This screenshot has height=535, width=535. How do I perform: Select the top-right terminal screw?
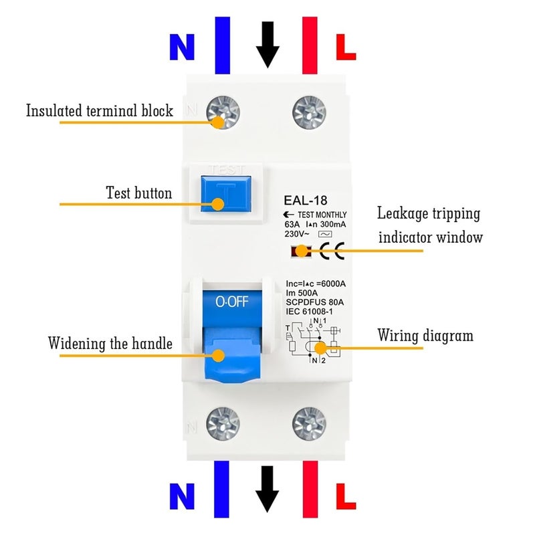pos(310,109)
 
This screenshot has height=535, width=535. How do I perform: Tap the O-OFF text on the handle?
pos(231,302)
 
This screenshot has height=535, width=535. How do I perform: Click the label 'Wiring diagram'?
pos(425,335)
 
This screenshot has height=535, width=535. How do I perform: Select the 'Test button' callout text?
pos(139,193)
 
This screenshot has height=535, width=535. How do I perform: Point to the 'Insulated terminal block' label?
pos(100,110)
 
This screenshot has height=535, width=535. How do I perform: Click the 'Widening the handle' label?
pos(110,344)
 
